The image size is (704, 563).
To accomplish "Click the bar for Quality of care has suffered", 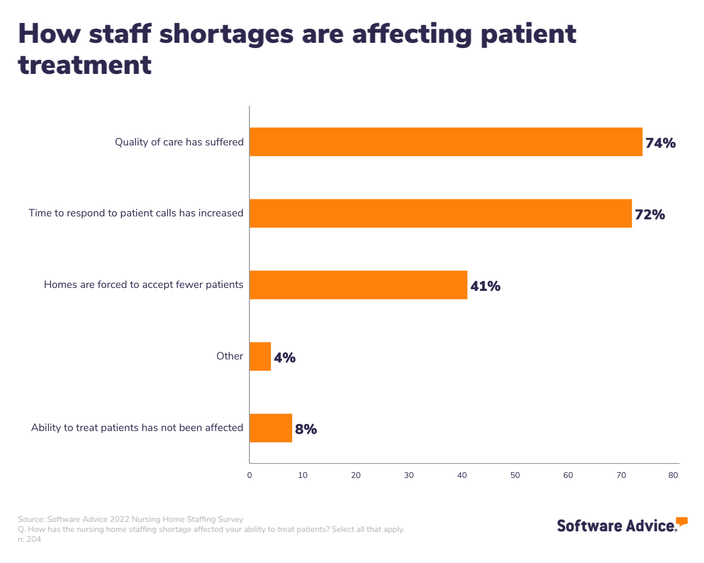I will [446, 142].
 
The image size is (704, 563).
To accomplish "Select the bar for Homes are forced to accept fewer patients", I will [358, 285].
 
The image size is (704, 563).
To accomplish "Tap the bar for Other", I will [260, 357].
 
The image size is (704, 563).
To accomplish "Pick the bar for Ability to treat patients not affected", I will [270, 428].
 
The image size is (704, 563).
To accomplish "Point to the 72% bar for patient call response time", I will [441, 213].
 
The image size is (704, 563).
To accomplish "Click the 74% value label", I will [661, 143].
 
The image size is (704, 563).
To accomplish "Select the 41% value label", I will [485, 286].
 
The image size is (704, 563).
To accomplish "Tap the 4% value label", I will [285, 358].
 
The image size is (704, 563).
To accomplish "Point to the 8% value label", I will [306, 429].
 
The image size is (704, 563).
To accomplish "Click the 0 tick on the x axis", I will [249, 475].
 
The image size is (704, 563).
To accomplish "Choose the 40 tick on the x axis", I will [462, 475].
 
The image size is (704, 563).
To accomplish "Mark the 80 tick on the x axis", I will [673, 475].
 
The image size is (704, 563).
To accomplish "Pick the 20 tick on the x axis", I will [356, 475].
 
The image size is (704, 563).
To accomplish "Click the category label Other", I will [229, 356].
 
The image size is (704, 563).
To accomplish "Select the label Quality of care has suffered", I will [179, 142].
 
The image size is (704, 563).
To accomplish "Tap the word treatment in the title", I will [85, 65].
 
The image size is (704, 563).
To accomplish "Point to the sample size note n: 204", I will [29, 540].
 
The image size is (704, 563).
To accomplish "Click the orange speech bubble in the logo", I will [681, 521].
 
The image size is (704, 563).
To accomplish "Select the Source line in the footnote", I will [130, 519].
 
